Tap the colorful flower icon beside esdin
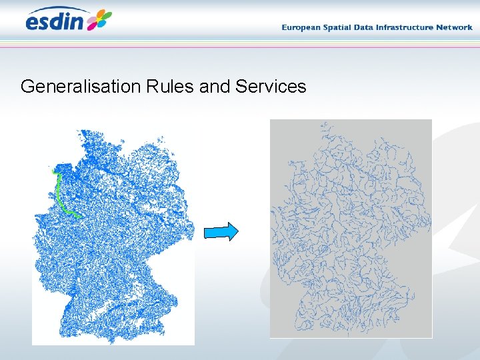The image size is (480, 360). pos(99,19)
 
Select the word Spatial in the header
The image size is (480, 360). pos(341,27)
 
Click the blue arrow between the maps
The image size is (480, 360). pos(221,231)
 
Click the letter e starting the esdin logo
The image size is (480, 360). pos(33,23)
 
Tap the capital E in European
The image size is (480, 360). pos(285,27)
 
